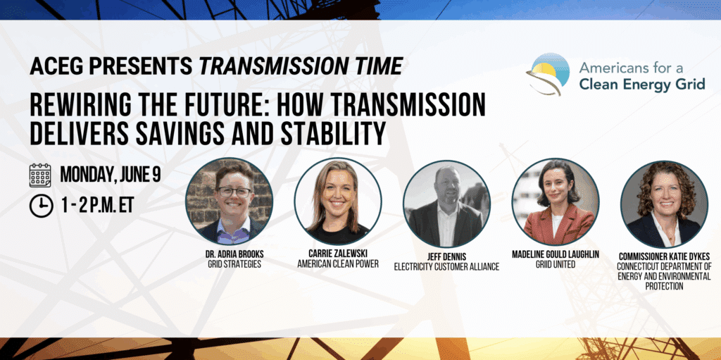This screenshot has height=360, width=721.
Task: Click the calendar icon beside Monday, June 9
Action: point(41,175)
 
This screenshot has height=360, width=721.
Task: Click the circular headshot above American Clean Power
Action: point(338,201)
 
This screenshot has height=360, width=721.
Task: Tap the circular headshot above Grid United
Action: point(555,201)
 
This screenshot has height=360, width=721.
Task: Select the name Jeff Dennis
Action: point(446,257)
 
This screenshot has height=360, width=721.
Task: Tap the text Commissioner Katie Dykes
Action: point(664,257)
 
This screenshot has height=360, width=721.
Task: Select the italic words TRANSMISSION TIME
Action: point(301,66)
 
